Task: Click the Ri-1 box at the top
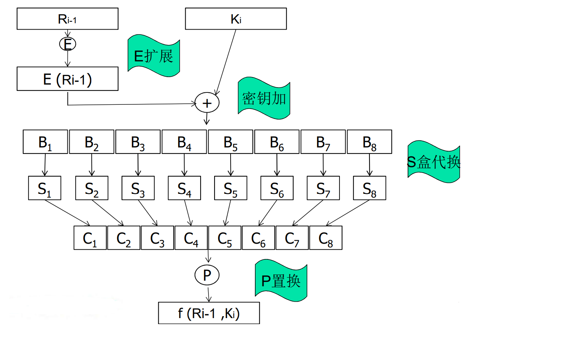point(67,19)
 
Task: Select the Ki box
point(236,19)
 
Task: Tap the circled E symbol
point(67,44)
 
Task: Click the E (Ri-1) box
point(67,79)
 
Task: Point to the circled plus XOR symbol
point(207,103)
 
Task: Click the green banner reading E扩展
point(153,56)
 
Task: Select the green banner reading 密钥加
point(264,98)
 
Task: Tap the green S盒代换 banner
point(433,162)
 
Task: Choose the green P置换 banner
point(281,281)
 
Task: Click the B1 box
point(45,142)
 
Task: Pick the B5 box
point(231,142)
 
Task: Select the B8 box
point(369,142)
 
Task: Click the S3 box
point(138,188)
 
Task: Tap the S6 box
point(277,188)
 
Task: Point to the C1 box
point(90,238)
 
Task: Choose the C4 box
point(191,238)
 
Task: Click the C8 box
point(326,238)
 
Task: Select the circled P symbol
point(207,275)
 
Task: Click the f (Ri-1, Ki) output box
point(209,313)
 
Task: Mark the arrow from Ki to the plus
point(226,62)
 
